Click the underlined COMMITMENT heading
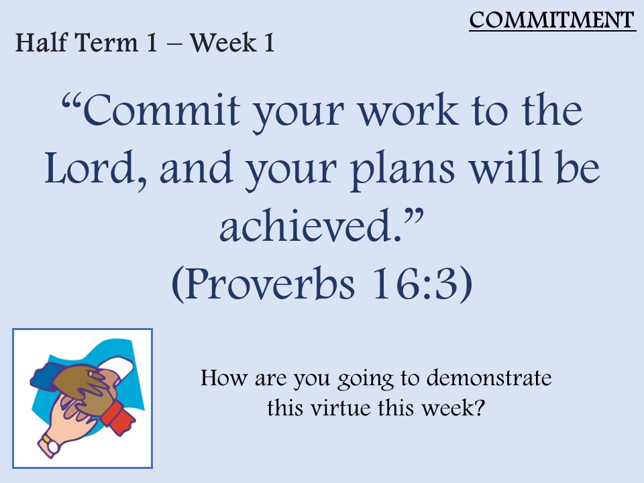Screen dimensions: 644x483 552,20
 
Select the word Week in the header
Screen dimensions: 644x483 223,42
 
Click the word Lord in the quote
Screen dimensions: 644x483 90,168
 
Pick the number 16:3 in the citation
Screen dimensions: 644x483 414,283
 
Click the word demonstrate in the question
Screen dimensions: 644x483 489,378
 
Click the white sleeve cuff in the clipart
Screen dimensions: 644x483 119,368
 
